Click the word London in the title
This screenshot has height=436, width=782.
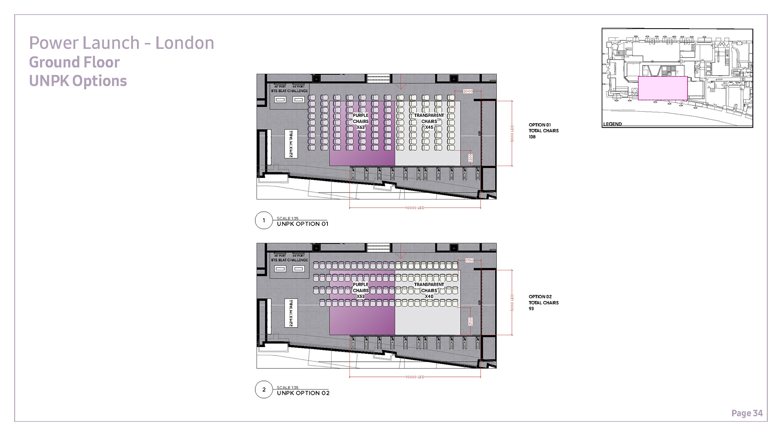click(x=185, y=43)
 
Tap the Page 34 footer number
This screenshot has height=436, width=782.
click(x=747, y=413)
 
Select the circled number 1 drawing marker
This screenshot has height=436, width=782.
click(x=264, y=221)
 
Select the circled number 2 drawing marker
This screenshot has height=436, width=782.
click(x=264, y=390)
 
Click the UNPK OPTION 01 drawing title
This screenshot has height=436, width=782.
click(x=302, y=224)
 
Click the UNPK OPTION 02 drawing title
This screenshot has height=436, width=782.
click(x=303, y=393)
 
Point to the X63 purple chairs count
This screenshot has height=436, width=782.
click(x=360, y=128)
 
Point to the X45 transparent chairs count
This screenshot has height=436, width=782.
click(x=429, y=128)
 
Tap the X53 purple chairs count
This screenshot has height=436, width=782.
click(x=360, y=297)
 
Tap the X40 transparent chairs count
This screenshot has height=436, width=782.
click(x=429, y=297)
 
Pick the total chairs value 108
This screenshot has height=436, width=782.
click(x=532, y=137)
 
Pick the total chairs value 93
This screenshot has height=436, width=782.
click(x=531, y=309)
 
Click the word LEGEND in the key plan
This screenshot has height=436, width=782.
click(x=612, y=124)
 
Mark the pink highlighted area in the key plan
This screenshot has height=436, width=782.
click(x=662, y=88)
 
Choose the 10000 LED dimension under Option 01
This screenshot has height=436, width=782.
click(x=415, y=208)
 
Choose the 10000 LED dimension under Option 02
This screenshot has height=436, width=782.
click(x=415, y=377)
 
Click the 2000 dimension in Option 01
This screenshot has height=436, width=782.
click(x=468, y=91)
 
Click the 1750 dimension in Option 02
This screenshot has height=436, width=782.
click(x=469, y=260)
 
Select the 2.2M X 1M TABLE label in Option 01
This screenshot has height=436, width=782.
click(x=291, y=144)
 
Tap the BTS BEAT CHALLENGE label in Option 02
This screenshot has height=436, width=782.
click(x=290, y=260)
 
